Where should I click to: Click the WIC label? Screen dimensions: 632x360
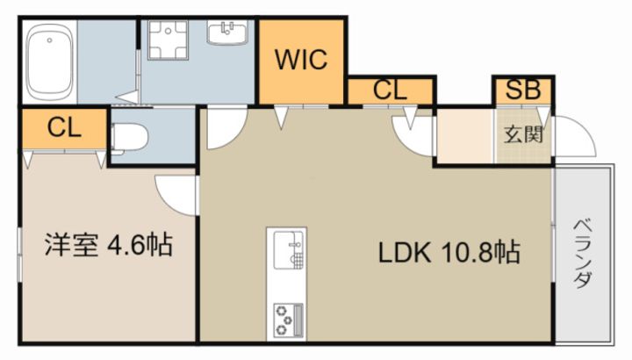pyautogui.click(x=301, y=60)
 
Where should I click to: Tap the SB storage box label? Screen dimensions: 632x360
pyautogui.click(x=523, y=90)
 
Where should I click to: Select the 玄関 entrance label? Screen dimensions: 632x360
pyautogui.click(x=523, y=134)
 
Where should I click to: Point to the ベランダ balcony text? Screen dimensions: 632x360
pyautogui.click(x=583, y=254)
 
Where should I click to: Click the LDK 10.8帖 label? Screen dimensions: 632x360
pyautogui.click(x=449, y=253)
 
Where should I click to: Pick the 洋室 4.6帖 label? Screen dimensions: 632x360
pyautogui.click(x=109, y=244)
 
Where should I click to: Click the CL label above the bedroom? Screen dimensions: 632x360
pyautogui.click(x=64, y=128)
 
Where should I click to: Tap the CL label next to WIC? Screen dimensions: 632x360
pyautogui.click(x=390, y=90)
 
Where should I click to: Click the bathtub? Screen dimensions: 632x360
pyautogui.click(x=49, y=61)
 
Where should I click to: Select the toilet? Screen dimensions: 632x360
pyautogui.click(x=129, y=138)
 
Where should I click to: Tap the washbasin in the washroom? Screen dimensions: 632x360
pyautogui.click(x=227, y=32)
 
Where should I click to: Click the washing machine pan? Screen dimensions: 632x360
pyautogui.click(x=168, y=40)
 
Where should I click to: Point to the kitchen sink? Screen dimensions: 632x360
pyautogui.click(x=289, y=250)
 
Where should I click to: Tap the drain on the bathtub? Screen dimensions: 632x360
pyautogui.click(x=49, y=40)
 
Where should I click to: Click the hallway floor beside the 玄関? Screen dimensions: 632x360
pyautogui.click(x=465, y=136)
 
